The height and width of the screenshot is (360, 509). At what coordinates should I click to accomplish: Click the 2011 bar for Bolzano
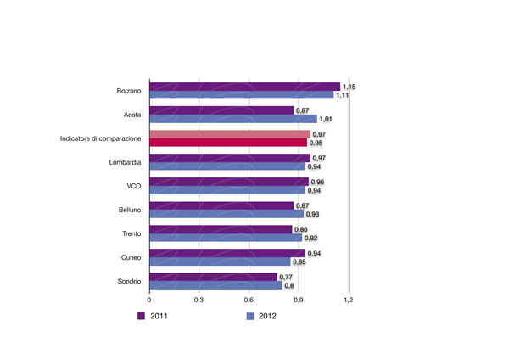[x=244, y=87]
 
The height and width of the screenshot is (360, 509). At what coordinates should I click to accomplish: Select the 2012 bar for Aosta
[x=232, y=119]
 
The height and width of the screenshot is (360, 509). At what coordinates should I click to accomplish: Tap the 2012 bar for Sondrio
[x=215, y=285]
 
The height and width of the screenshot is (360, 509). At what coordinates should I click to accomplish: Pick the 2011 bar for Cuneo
[x=227, y=253]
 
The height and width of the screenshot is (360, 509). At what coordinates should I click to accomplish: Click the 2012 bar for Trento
[x=225, y=238]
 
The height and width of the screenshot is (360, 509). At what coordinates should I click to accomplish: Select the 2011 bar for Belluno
[x=221, y=205]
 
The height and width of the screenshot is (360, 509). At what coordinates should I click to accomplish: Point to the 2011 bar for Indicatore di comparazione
[x=229, y=134]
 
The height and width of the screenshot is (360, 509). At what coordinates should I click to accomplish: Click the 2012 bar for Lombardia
[x=227, y=166]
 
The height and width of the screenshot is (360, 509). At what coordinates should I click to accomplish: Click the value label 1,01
[x=328, y=119]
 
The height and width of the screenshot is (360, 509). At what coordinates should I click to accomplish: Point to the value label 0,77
[x=288, y=277]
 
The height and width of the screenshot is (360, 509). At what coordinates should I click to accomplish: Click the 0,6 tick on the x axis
[x=249, y=300]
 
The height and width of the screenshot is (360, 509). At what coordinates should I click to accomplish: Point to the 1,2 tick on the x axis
[x=348, y=300]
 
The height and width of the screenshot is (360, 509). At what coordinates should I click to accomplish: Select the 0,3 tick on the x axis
[x=199, y=300]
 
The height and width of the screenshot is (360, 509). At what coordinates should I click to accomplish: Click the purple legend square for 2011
[x=142, y=317]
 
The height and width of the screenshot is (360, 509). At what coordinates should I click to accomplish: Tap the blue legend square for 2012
[x=251, y=317]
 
